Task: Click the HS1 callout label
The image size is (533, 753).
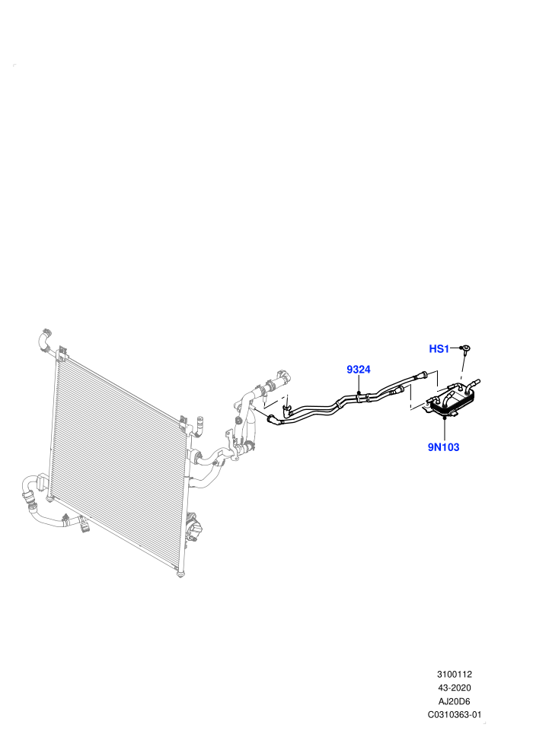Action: (439, 348)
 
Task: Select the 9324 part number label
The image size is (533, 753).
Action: (359, 370)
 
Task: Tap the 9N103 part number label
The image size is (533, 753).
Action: (444, 447)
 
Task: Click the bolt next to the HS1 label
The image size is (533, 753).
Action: (465, 350)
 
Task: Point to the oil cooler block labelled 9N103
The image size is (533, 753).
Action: (452, 399)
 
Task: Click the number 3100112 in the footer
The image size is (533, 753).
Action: (455, 674)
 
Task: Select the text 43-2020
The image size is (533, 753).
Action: (455, 688)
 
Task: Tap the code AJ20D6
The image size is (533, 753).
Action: (454, 701)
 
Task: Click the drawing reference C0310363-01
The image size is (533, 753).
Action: (455, 714)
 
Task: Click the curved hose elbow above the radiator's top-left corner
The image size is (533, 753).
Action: (43, 341)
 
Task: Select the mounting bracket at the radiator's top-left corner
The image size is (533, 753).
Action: (61, 354)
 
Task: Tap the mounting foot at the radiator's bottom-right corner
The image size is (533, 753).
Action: (180, 573)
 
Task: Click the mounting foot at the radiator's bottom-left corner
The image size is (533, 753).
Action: (49, 500)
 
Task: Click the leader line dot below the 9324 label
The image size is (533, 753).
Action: (359, 392)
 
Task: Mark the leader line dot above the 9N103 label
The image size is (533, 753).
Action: (445, 419)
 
